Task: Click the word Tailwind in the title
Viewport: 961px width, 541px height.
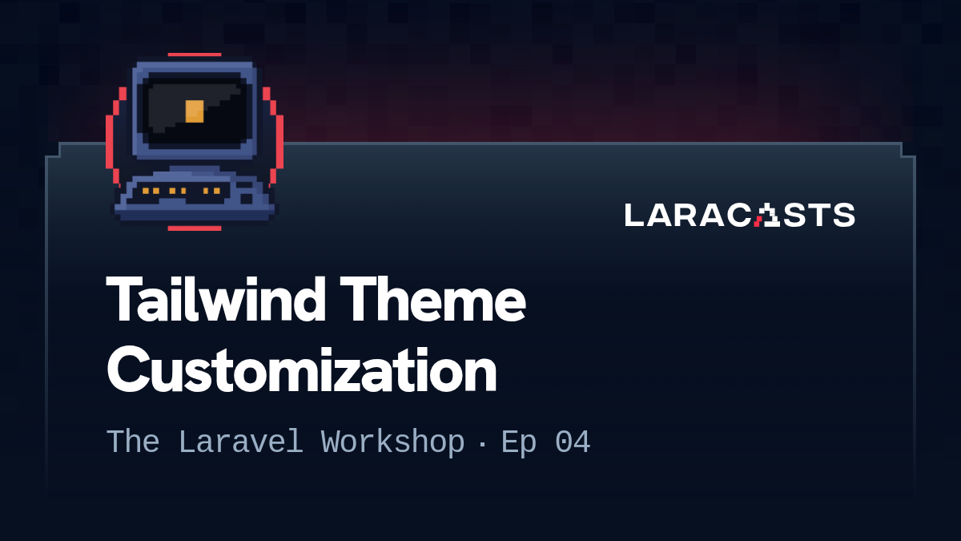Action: tap(215, 301)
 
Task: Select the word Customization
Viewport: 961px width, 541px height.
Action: tap(301, 370)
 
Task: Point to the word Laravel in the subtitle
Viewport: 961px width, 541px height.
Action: tap(240, 442)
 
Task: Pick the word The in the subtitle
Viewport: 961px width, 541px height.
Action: tap(133, 442)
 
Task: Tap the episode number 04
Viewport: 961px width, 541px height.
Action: tap(573, 442)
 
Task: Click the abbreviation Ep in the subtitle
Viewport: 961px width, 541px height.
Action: tap(518, 442)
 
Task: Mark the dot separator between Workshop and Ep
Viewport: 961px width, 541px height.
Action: tap(482, 443)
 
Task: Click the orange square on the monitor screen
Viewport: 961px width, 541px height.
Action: tap(195, 111)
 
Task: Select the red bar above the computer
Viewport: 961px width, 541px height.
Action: tap(195, 55)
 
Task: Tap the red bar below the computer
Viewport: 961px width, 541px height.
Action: tap(195, 228)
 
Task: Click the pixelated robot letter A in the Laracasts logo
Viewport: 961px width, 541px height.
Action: tap(767, 215)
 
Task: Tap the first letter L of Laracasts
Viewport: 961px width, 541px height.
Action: tap(633, 215)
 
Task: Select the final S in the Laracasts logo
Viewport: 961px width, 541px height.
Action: tap(843, 215)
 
